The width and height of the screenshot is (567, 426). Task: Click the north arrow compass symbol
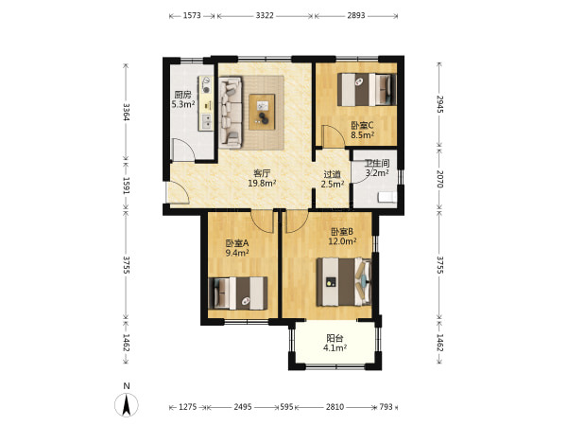127,404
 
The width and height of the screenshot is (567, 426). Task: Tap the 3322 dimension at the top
265,15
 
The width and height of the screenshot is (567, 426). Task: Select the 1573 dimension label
192,15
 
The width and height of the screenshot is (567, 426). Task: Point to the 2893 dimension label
356,15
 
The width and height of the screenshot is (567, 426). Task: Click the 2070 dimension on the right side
439,179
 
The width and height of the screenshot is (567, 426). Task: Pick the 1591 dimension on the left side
126,186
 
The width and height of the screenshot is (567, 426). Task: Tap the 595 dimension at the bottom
286,407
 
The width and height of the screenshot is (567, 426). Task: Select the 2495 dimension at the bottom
242,407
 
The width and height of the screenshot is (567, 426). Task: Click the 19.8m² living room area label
262,184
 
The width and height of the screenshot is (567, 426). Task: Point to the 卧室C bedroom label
362,125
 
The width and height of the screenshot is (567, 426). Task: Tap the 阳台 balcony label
335,338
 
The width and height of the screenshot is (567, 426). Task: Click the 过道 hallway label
333,174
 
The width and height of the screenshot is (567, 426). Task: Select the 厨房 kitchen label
182,95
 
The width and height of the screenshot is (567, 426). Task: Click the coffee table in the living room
262,112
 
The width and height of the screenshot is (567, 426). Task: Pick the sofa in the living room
231,113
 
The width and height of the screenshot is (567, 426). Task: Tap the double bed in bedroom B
344,282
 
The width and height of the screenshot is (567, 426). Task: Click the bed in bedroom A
238,293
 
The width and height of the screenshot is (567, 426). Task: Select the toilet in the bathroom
387,198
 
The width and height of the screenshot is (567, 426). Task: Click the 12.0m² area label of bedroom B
342,240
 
